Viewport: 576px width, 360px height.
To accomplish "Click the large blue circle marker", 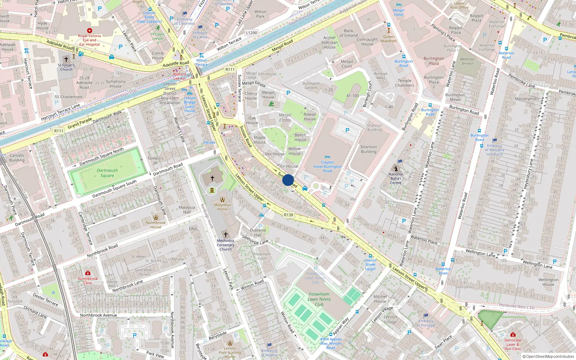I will point(288,180).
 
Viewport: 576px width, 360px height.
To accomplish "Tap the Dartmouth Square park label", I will point(107,173).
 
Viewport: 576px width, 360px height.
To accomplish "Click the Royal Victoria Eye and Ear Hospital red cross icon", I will point(90,31).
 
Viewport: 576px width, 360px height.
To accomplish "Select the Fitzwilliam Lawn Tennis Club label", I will point(319,299).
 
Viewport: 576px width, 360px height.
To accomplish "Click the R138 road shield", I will point(288,215).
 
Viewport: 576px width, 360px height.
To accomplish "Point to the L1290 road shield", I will point(252,33).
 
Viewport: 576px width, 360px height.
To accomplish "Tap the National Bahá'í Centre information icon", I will point(396,168).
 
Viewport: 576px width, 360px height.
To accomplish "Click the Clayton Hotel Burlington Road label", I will point(327,167).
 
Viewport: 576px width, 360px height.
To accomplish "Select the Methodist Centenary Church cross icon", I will point(226,234).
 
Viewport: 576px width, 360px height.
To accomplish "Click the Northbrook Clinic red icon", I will point(87,273).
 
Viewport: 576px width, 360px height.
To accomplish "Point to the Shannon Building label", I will point(369,149).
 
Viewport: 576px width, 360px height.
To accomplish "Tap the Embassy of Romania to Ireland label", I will point(495,150).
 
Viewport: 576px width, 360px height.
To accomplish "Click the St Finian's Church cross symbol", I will point(66,59).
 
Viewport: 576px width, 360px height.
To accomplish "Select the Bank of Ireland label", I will point(348,33).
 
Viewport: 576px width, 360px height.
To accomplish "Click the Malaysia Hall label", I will point(187,210).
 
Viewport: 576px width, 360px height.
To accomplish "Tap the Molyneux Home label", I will point(222,207).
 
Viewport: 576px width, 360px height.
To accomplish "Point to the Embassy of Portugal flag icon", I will point(426,315).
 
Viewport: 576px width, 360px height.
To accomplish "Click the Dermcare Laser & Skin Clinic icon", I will point(513,334).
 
